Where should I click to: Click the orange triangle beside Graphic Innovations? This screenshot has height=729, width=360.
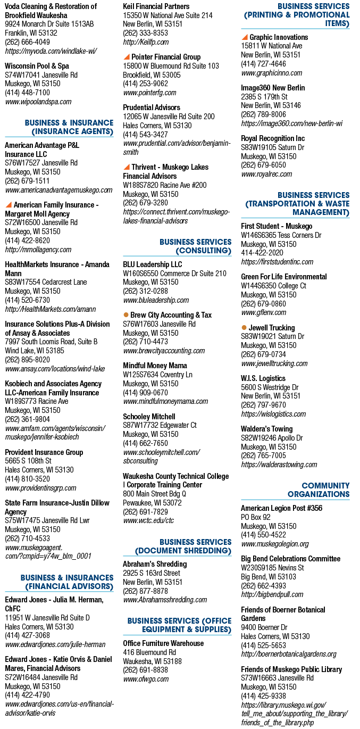pos(245,37)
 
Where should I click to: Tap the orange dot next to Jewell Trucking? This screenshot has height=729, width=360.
pos(244,327)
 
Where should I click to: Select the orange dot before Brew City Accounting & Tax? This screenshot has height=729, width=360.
pos(126,314)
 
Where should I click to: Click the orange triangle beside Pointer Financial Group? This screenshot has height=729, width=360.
pos(127,57)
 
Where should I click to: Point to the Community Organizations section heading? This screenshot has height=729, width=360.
pos(319,490)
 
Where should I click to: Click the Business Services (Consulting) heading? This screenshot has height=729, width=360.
pos(196,246)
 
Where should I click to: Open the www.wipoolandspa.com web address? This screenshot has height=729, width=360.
pos(38,102)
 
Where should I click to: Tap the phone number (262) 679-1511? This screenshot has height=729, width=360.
pos(27,181)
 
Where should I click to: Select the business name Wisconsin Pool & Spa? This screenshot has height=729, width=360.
pos(37,66)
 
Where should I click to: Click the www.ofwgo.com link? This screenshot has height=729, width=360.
pos(146,679)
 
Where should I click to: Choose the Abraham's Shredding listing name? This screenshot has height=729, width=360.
pos(155,564)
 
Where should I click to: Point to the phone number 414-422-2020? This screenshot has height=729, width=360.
pos(262,253)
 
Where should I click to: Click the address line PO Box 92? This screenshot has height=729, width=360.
pos(256,517)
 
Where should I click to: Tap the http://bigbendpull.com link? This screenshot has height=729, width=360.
pos(272,594)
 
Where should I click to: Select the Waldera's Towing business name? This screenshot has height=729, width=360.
pos(266,429)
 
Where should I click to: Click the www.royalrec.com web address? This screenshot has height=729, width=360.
pos(266,174)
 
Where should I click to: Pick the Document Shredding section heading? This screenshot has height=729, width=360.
pos(183,546)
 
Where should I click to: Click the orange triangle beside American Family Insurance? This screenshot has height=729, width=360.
pos(9,205)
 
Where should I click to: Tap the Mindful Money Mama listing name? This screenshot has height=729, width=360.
pos(155,366)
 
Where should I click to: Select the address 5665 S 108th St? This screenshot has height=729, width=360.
pos(28,461)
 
